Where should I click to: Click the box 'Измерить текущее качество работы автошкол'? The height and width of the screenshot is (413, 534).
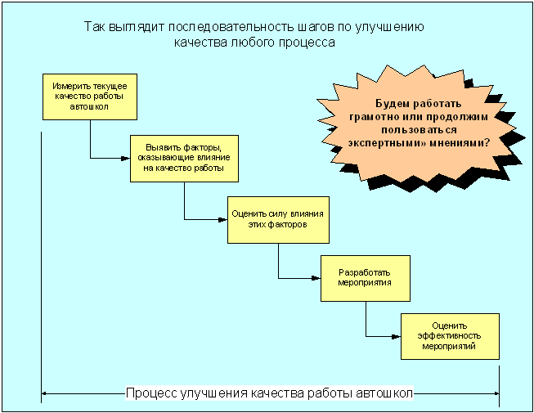pyautogui.click(x=90, y=97)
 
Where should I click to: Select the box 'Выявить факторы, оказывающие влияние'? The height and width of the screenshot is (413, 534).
pyautogui.click(x=184, y=159)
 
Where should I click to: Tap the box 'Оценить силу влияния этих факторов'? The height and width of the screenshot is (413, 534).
pyautogui.click(x=278, y=220)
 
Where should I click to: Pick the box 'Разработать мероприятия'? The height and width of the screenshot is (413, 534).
pyautogui.click(x=366, y=278)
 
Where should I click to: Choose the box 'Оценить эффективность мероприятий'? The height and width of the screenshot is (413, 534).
pyautogui.click(x=450, y=336)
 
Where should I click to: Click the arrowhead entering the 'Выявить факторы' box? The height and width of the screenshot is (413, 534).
pyautogui.click(x=126, y=159)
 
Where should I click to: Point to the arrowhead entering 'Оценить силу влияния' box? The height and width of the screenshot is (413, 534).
pyautogui.click(x=223, y=220)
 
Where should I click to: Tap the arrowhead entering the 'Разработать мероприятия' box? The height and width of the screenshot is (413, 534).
pyautogui.click(x=316, y=278)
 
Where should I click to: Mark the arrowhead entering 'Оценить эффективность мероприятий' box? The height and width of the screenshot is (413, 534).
pyautogui.click(x=397, y=337)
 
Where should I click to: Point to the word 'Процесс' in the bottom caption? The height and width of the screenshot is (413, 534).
pyautogui.click(x=151, y=393)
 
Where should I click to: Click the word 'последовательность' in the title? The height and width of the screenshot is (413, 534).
pyautogui.click(x=231, y=26)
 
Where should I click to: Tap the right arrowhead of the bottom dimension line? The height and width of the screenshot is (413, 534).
pyautogui.click(x=496, y=394)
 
